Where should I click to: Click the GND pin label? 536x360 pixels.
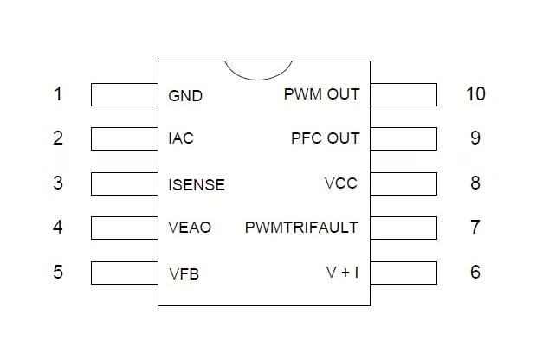pyautogui.click(x=185, y=95)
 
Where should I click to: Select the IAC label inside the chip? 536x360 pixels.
pyautogui.click(x=181, y=138)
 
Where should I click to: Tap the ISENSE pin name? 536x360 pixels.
pyautogui.click(x=197, y=184)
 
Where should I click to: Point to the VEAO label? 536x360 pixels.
pyautogui.click(x=190, y=228)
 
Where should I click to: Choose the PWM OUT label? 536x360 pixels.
pyautogui.click(x=321, y=93)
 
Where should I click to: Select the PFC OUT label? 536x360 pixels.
pyautogui.click(x=325, y=138)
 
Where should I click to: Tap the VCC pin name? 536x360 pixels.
pyautogui.click(x=341, y=183)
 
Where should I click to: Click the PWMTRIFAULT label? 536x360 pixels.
pyautogui.click(x=301, y=228)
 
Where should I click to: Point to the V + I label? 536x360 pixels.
pyautogui.click(x=342, y=273)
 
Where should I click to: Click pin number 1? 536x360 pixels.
pyautogui.click(x=58, y=93)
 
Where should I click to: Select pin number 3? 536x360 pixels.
pyautogui.click(x=58, y=183)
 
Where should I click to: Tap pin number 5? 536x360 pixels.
pyautogui.click(x=58, y=273)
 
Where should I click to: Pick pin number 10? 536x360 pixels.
pyautogui.click(x=475, y=93)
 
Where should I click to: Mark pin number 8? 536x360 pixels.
pyautogui.click(x=475, y=183)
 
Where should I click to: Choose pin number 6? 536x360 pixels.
pyautogui.click(x=475, y=273)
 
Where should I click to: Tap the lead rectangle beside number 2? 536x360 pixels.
pyautogui.click(x=124, y=138)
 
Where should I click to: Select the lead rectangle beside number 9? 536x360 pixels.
pyautogui.click(x=404, y=138)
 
